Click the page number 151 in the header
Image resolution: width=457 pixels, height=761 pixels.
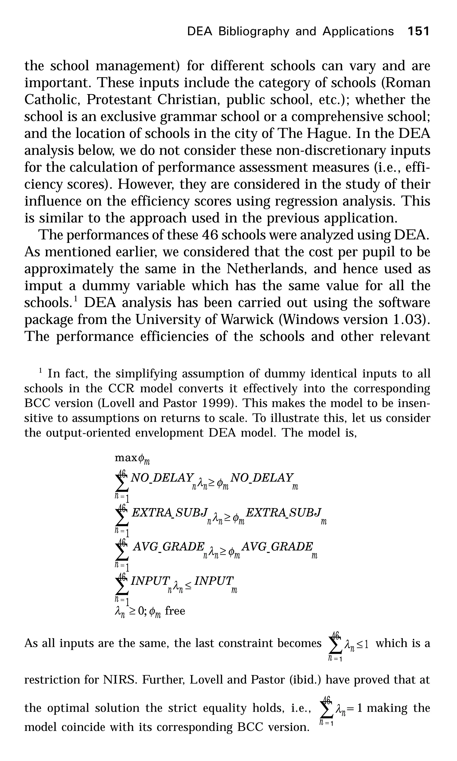[418, 31]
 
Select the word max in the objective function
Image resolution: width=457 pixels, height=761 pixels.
[126, 458]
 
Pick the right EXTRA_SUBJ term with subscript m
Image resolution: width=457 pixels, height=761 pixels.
[283, 512]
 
